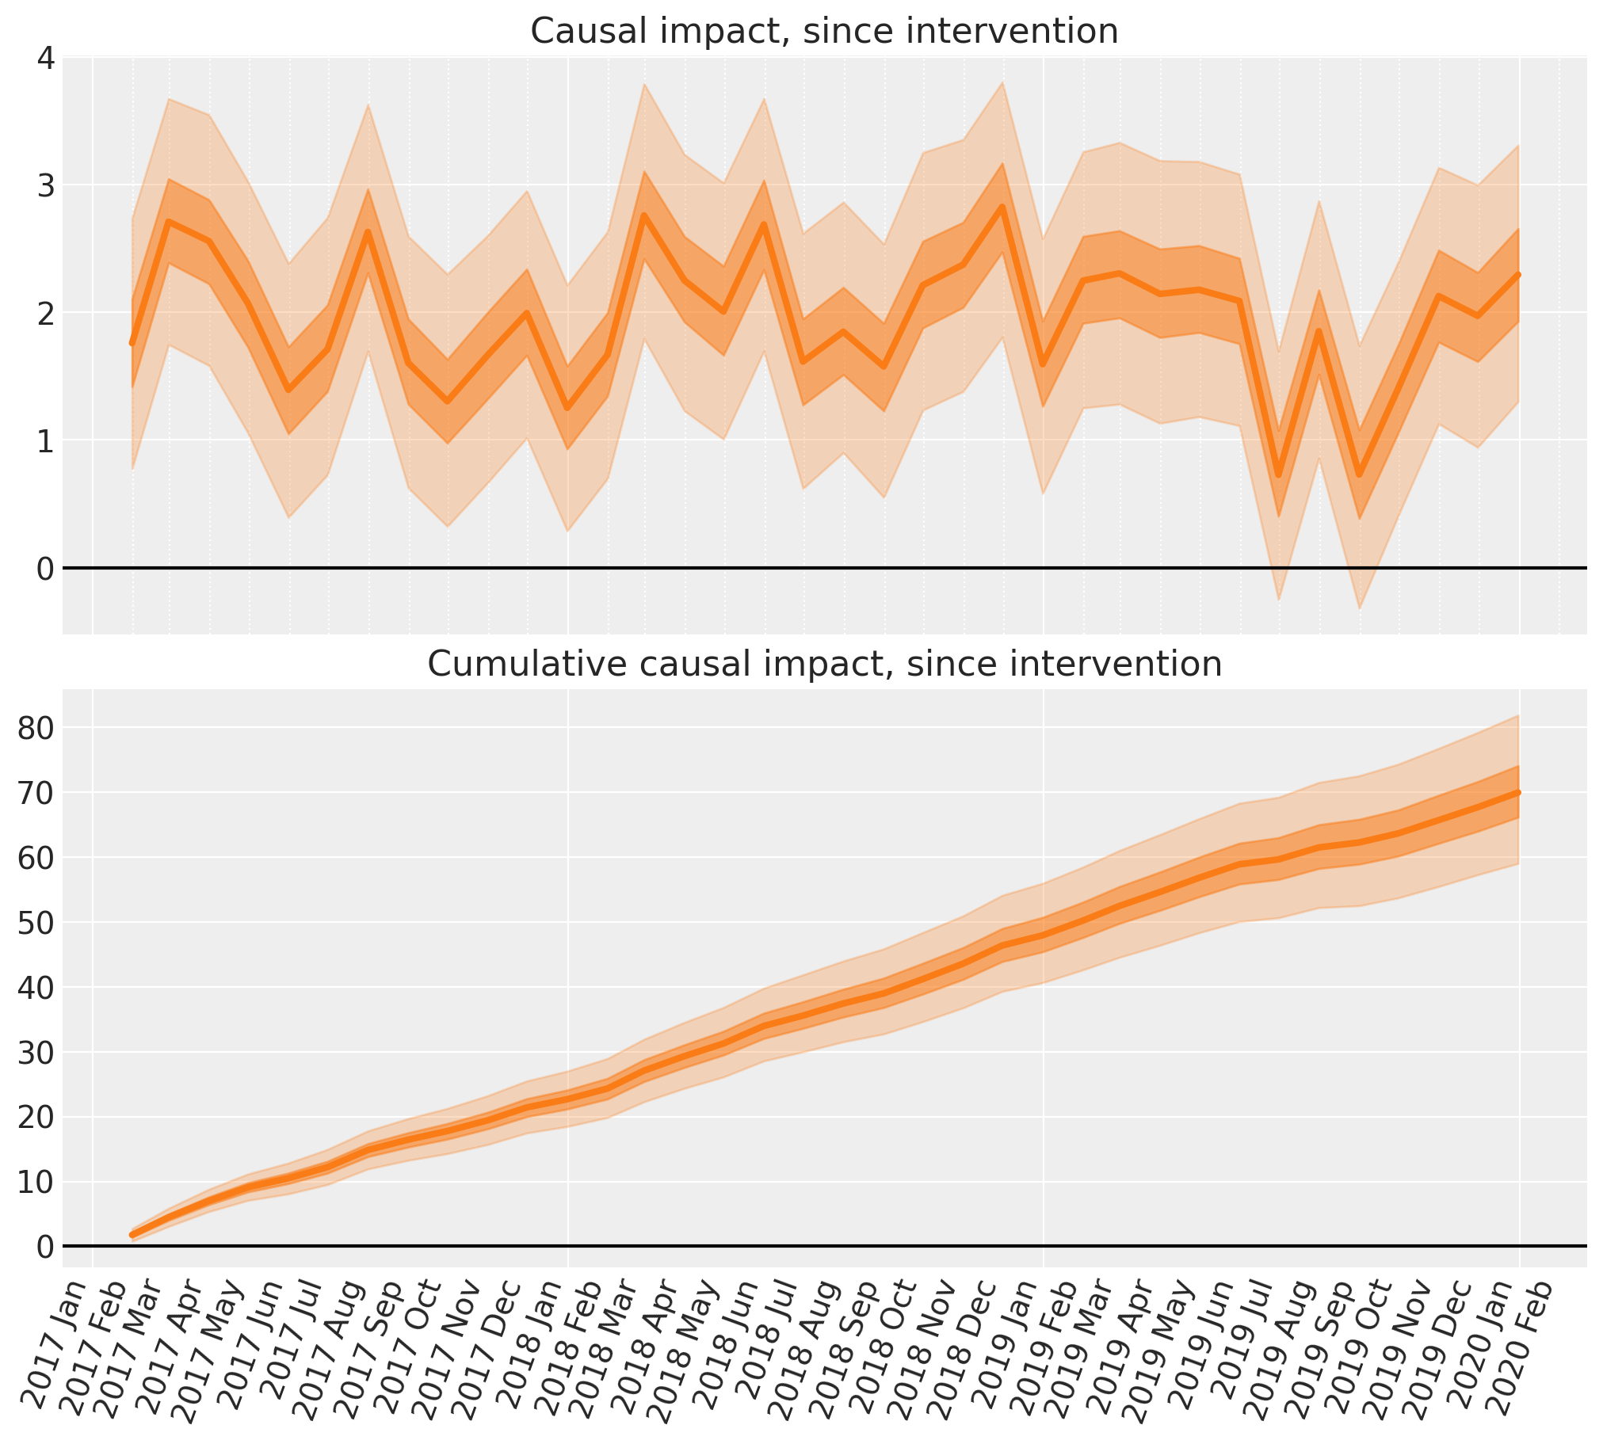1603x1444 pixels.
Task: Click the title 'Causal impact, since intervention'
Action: pos(824,32)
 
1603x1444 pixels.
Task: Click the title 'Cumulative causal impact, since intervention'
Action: pos(824,664)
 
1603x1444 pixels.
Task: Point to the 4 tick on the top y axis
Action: pos(46,58)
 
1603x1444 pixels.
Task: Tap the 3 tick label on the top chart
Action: pos(46,185)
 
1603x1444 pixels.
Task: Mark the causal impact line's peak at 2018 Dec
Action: pos(1002,207)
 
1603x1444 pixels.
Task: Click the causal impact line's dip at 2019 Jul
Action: pos(1278,475)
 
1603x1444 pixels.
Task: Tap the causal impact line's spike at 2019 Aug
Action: pos(1319,331)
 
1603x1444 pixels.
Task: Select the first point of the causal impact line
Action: pos(132,343)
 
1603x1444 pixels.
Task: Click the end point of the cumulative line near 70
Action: pos(1518,793)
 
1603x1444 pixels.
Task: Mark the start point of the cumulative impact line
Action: pos(132,1235)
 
